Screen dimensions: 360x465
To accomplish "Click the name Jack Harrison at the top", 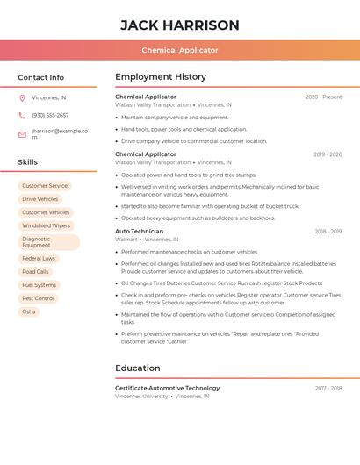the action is click(179, 25).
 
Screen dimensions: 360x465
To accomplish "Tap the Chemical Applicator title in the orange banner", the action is click(179, 50).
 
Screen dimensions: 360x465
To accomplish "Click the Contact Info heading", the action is click(40, 77).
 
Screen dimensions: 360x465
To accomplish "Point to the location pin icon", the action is click(22, 97).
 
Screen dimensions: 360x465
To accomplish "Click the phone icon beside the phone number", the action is click(22, 116).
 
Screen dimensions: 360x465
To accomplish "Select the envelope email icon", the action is click(22, 134).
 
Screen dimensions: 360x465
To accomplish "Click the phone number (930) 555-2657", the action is click(50, 116).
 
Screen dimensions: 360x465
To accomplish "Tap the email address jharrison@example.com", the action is click(59, 134).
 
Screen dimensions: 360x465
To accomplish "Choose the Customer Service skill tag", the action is click(45, 186).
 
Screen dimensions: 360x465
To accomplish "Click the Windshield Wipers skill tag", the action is click(47, 225).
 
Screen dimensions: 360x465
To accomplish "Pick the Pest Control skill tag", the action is click(38, 298).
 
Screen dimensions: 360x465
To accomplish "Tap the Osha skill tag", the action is click(29, 311).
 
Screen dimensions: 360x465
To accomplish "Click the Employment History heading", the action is click(161, 77).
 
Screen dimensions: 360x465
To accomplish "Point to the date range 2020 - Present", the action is click(323, 97).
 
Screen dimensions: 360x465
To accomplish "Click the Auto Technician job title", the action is click(140, 232).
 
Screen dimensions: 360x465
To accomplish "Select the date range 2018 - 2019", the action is click(328, 232).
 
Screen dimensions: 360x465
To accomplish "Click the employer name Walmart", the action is click(126, 240).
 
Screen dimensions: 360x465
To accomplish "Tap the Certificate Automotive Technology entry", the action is click(168, 388).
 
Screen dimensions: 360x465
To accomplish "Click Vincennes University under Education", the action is click(141, 396).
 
